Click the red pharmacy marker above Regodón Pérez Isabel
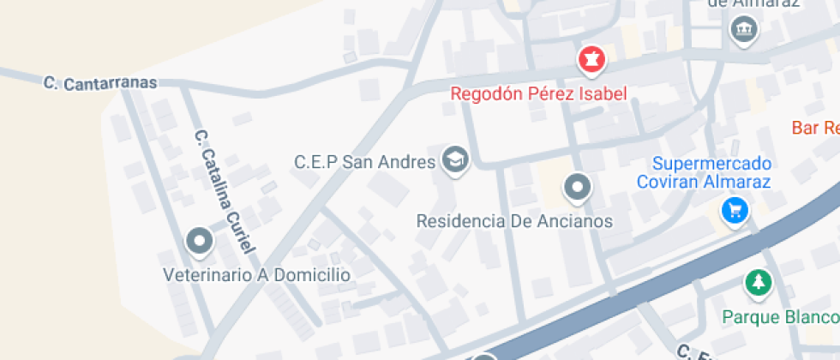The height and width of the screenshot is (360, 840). pos(591,60)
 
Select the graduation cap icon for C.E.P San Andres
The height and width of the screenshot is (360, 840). pos(454,159)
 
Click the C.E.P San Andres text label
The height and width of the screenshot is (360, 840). pos(365,161)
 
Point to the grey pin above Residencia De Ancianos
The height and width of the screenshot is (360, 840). pos(577,187)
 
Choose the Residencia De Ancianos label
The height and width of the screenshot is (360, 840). pos(514,221)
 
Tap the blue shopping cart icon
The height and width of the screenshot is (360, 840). pos(734,209)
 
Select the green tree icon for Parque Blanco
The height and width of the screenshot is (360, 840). pos(757,282)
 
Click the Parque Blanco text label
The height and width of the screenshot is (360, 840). pos(779,317)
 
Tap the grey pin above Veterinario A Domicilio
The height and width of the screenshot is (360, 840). pos(200,241)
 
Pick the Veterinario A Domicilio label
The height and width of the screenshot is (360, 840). pos(257,275)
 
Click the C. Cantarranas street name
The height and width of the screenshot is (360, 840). pos(101,82)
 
